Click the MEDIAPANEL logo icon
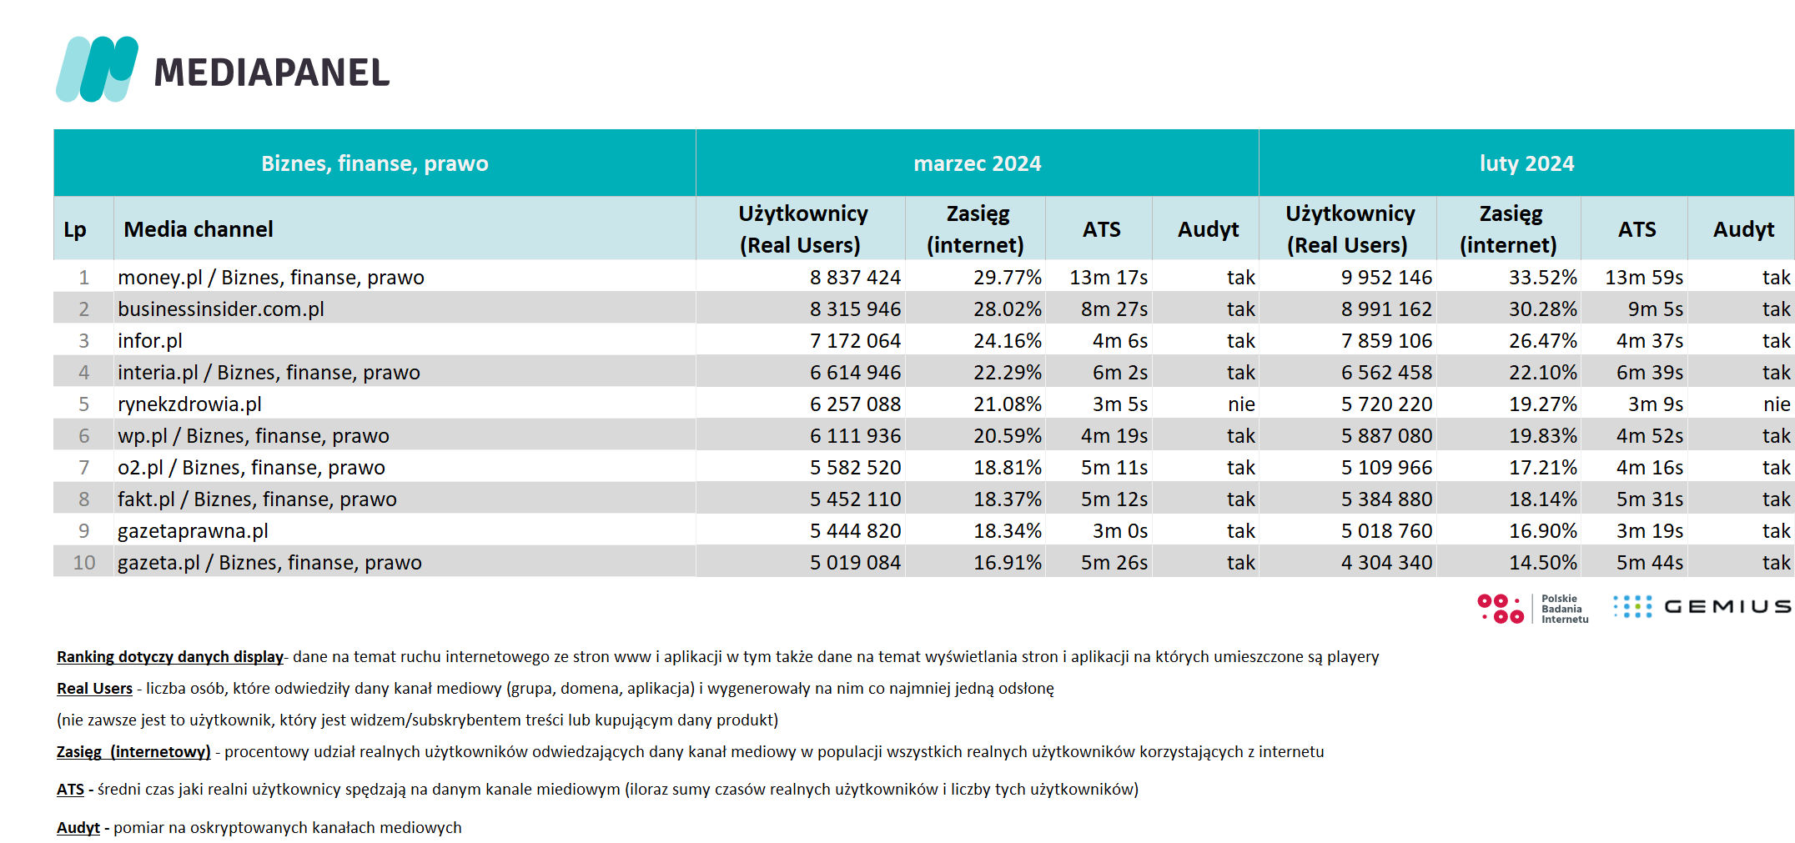pos(97,69)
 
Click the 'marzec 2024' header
pos(978,163)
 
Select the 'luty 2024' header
pos(1526,163)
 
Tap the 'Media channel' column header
pos(199,229)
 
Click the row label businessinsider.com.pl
pos(221,309)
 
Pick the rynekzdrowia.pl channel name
pos(189,404)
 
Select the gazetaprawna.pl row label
pos(193,531)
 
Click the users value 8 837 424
pos(855,278)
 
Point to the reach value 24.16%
pos(1008,341)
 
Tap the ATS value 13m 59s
pos(1644,278)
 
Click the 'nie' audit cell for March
pos(1241,404)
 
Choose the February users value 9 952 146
pos(1386,278)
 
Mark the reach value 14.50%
pos(1543,563)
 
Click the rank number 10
pos(84,563)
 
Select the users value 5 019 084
pos(855,563)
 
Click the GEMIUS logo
pos(1702,606)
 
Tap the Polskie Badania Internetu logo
pos(1533,609)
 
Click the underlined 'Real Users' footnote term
pos(94,689)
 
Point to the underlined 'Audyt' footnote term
pos(78,828)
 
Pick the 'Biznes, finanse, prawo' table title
pos(375,163)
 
